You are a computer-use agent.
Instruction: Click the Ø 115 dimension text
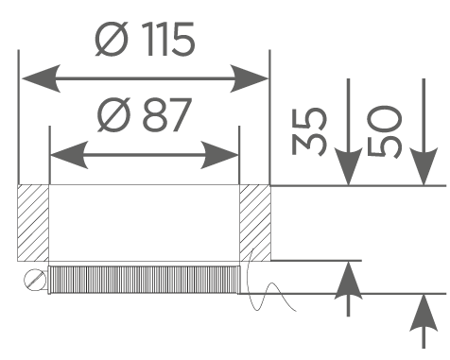[145, 40]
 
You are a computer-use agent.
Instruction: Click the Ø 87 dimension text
[145, 114]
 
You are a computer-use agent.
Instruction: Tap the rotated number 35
[309, 131]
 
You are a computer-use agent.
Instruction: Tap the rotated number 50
[385, 131]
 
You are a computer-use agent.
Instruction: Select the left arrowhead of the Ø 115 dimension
[41, 78]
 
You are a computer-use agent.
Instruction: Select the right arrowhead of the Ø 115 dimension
[249, 78]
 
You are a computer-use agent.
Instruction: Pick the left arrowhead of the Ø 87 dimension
[69, 155]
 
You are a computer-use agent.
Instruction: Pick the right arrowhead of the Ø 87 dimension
[219, 155]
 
